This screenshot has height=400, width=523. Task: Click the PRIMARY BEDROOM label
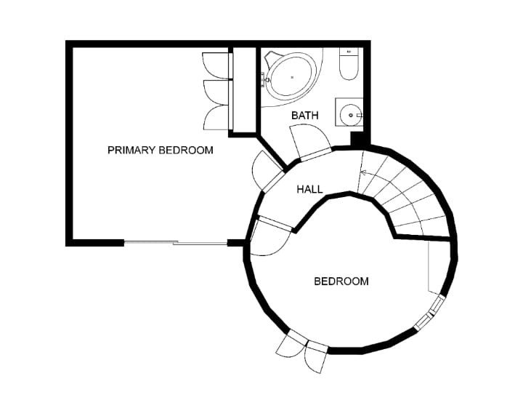click(160, 151)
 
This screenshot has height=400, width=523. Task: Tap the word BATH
click(305, 116)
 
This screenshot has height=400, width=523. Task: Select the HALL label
click(310, 190)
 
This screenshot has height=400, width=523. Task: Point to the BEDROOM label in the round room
click(341, 281)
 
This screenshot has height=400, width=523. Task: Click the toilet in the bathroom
click(349, 63)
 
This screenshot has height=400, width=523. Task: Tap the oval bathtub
click(292, 77)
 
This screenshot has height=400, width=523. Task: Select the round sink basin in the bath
click(351, 115)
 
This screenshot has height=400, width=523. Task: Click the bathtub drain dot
click(292, 77)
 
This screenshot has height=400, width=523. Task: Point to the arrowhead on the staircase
click(364, 173)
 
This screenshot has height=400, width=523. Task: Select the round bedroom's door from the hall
click(270, 237)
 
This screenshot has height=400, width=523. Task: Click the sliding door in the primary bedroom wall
click(176, 243)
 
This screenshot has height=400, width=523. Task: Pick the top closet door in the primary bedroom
click(216, 65)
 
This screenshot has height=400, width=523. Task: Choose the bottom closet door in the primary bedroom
click(216, 118)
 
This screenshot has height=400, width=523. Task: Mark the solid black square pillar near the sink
click(357, 139)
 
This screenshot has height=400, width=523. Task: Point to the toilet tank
click(349, 52)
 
